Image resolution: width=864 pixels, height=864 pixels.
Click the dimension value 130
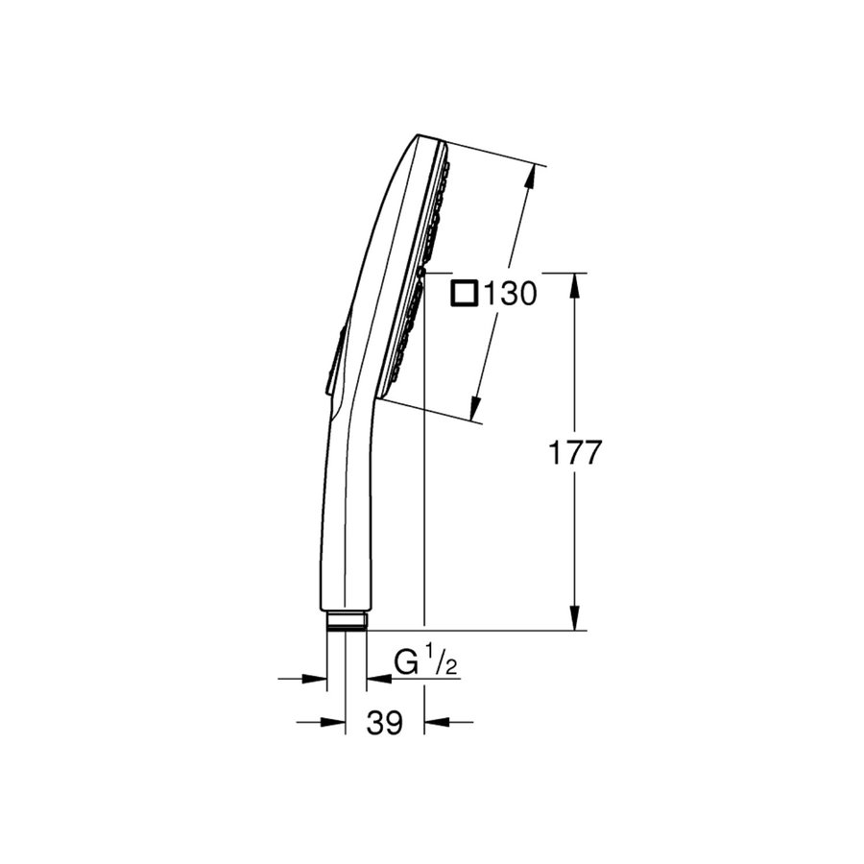[510, 294]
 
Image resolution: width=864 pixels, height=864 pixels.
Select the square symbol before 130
[466, 293]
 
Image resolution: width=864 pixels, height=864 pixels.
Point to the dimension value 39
[385, 723]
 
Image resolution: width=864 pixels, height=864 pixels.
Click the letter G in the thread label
[407, 662]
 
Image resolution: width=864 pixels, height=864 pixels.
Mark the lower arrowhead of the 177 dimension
[575, 618]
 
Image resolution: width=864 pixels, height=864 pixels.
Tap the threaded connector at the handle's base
[347, 621]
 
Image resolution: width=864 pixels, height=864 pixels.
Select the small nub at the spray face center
[422, 273]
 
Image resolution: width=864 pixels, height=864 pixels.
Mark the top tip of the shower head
[420, 135]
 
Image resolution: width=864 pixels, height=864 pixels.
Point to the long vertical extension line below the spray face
[423, 480]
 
